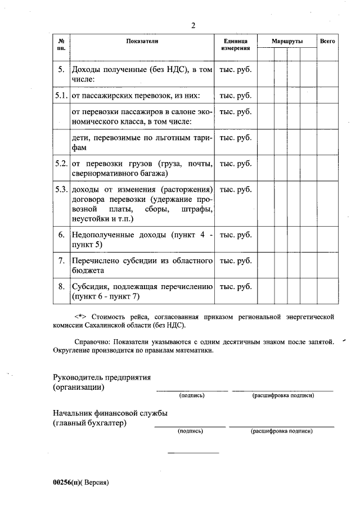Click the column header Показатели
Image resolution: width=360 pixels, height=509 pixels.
click(x=142, y=42)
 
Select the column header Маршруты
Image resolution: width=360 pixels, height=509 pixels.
click(x=287, y=42)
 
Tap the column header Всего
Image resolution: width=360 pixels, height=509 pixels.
click(x=327, y=42)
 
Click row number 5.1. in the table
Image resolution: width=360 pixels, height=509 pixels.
click(x=61, y=95)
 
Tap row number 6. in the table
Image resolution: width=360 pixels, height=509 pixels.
click(x=61, y=235)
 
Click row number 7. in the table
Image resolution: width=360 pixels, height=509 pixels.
click(x=61, y=261)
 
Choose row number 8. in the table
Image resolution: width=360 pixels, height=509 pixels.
click(x=61, y=287)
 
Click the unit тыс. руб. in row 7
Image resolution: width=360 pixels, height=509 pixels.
click(x=235, y=261)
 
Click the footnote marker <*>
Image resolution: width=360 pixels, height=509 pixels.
click(x=82, y=317)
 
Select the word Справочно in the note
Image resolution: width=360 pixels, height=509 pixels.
click(x=93, y=341)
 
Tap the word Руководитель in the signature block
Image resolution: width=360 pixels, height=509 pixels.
click(x=79, y=377)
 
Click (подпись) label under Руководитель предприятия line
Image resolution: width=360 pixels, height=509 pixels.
click(x=192, y=395)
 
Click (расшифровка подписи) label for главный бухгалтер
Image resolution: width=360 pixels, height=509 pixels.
click(x=281, y=431)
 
